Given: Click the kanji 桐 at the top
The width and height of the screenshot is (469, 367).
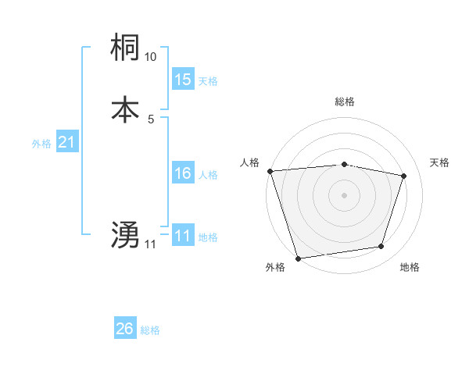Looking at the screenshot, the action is coord(126,48).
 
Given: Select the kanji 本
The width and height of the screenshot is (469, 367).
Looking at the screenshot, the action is coord(126,109).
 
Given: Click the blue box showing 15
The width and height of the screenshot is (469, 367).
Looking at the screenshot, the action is coord(183,79).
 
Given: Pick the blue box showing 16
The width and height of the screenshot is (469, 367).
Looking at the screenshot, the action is coord(183,173).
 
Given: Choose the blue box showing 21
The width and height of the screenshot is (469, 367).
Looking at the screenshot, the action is coord(66,142).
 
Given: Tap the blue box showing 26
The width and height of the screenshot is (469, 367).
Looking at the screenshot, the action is coord(125,329).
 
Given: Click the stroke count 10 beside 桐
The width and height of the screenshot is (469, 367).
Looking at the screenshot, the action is coord(151,57).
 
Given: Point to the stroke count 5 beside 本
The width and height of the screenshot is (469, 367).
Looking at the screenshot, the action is coord(151,119).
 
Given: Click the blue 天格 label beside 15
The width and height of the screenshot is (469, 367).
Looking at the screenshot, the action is coord(208,80).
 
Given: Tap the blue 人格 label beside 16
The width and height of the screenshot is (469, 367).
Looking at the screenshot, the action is coord(208,175).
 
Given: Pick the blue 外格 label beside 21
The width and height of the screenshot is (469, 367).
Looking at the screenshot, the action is coord(41,144).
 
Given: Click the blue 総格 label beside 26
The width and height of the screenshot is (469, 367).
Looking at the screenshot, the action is coord(150,330).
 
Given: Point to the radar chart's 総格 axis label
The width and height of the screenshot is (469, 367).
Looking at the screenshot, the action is coord(344,102).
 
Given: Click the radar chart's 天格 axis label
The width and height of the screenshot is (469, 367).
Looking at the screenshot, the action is coord(440,162).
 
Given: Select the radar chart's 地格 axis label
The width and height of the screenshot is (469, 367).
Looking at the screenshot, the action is coord(410,267).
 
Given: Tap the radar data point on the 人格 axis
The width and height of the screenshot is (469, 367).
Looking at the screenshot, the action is coord(270,171).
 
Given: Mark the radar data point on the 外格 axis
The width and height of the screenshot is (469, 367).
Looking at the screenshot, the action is coord(298,257).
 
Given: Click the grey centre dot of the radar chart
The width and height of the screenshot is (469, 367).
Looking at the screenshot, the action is coord(344,194).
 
